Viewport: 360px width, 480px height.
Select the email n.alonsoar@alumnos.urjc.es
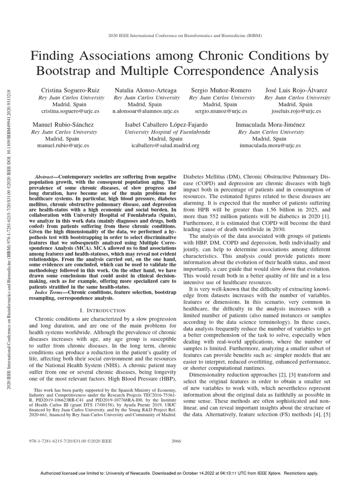point(145,111)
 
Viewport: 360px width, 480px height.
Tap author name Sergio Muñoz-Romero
point(221,90)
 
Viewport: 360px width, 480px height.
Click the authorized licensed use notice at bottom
point(180,473)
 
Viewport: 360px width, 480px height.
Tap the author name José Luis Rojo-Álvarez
point(295,90)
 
